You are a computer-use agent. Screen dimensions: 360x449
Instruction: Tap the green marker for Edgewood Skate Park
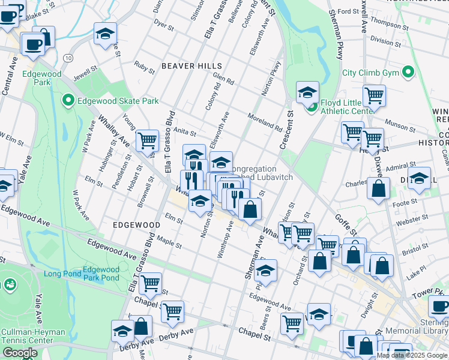point(68,101)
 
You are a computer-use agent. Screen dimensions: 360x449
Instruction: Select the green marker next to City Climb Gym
point(409,73)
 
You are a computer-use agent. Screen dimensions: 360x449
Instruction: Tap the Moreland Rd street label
point(265,122)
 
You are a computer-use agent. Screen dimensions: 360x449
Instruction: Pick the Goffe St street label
point(346,226)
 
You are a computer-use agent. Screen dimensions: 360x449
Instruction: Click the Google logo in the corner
point(19,353)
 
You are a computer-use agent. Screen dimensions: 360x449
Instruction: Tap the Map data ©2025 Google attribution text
point(412,355)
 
